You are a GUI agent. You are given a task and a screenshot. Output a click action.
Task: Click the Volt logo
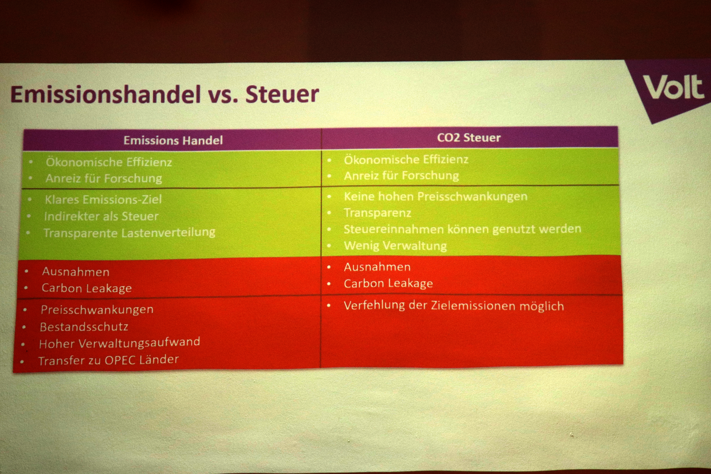pos(673,88)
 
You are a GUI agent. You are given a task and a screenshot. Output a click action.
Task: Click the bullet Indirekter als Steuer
pos(101,216)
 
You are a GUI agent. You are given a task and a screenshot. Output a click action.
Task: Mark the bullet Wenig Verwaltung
pos(395,246)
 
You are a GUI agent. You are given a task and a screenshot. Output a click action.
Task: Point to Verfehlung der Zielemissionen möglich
pos(454,306)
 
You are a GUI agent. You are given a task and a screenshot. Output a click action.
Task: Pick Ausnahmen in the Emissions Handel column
pos(76,271)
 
